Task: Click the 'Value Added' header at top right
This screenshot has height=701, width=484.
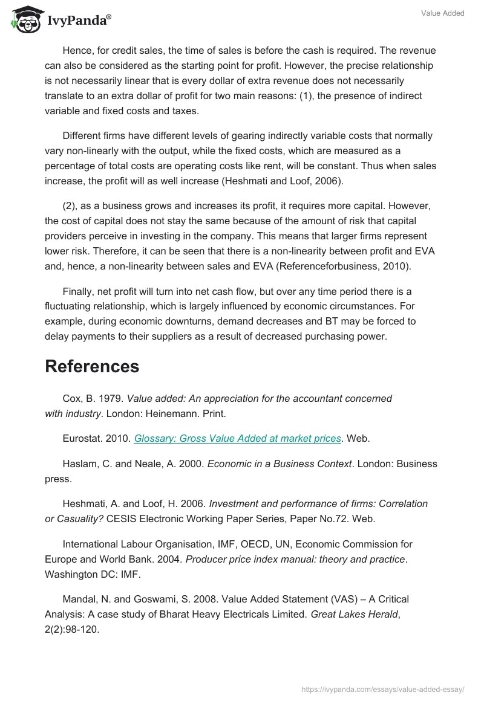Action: [x=443, y=13]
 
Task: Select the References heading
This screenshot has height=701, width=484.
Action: [x=92, y=366]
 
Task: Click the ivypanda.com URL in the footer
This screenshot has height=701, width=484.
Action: [x=382, y=688]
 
